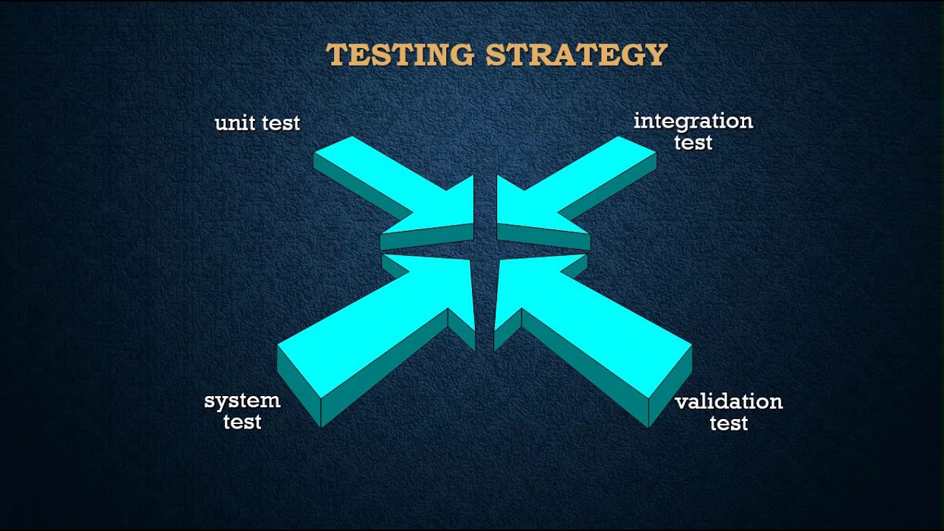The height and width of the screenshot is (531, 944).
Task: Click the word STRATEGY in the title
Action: click(576, 55)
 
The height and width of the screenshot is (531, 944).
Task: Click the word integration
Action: click(693, 121)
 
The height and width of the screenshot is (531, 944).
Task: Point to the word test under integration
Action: click(693, 142)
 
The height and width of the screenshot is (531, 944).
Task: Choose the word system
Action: click(242, 401)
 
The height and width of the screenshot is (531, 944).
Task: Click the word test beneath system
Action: click(242, 423)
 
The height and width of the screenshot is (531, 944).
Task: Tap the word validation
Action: click(728, 402)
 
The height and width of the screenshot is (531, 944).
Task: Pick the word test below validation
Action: click(728, 423)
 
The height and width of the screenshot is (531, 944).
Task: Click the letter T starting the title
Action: click(337, 55)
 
